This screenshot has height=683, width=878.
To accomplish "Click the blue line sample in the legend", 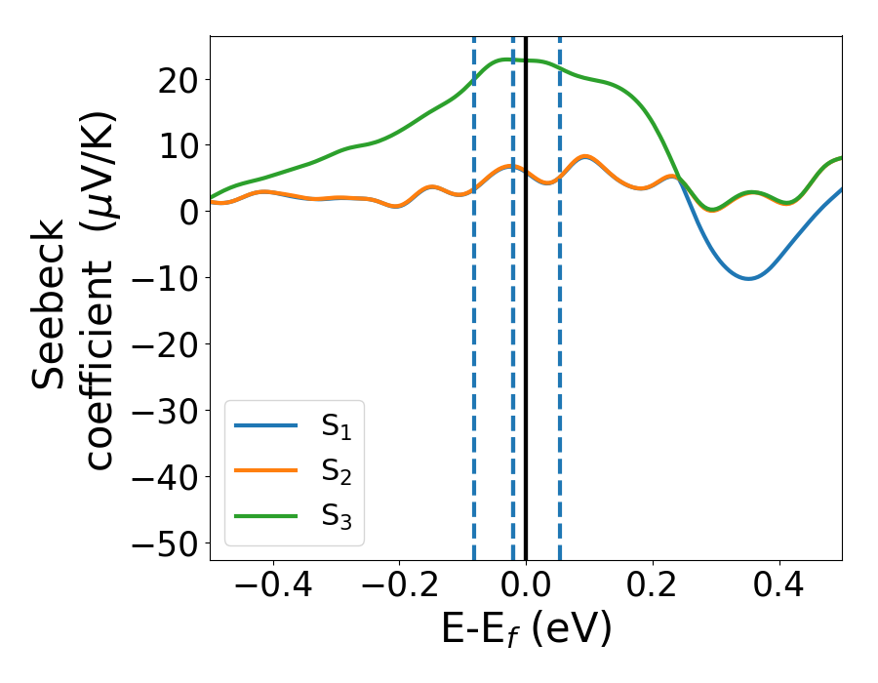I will pyautogui.click(x=265, y=425).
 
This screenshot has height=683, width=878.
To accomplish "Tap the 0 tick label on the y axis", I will pyautogui.click(x=188, y=212).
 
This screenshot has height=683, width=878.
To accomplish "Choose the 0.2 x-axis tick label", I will pyautogui.click(x=653, y=585).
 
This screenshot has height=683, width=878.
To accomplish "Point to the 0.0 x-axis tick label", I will pyautogui.click(x=526, y=585).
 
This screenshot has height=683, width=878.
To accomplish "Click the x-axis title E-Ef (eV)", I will pyautogui.click(x=526, y=629).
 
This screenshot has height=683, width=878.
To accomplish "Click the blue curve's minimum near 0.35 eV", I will pyautogui.click(x=748, y=278).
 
